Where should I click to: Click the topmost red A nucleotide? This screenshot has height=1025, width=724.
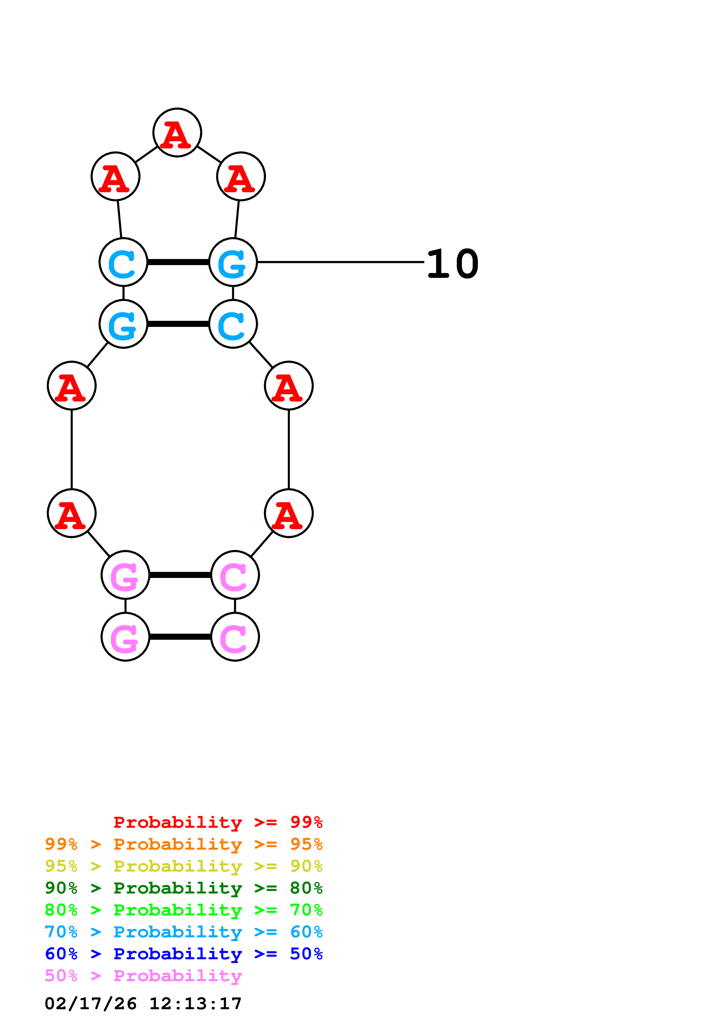click(177, 133)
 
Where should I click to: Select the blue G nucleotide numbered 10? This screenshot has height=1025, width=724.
click(233, 262)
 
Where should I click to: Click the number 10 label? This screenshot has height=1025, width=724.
click(452, 264)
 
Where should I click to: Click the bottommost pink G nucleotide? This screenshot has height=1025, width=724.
click(125, 637)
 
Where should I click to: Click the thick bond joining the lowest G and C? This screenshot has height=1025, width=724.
click(180, 637)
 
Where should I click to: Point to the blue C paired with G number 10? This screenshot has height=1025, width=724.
click(123, 262)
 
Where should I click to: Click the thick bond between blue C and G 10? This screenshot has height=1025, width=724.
click(178, 262)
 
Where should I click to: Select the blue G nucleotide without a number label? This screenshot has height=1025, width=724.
click(123, 324)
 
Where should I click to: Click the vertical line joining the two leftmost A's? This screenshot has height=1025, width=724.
click(72, 449)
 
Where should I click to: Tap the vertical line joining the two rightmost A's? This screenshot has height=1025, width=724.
click(289, 449)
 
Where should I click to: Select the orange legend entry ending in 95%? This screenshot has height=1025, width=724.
click(183, 844)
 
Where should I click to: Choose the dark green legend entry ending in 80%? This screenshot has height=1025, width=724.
click(183, 888)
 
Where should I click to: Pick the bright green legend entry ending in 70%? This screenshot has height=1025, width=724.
click(183, 910)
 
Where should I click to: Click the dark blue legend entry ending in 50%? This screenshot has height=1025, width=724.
click(183, 954)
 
